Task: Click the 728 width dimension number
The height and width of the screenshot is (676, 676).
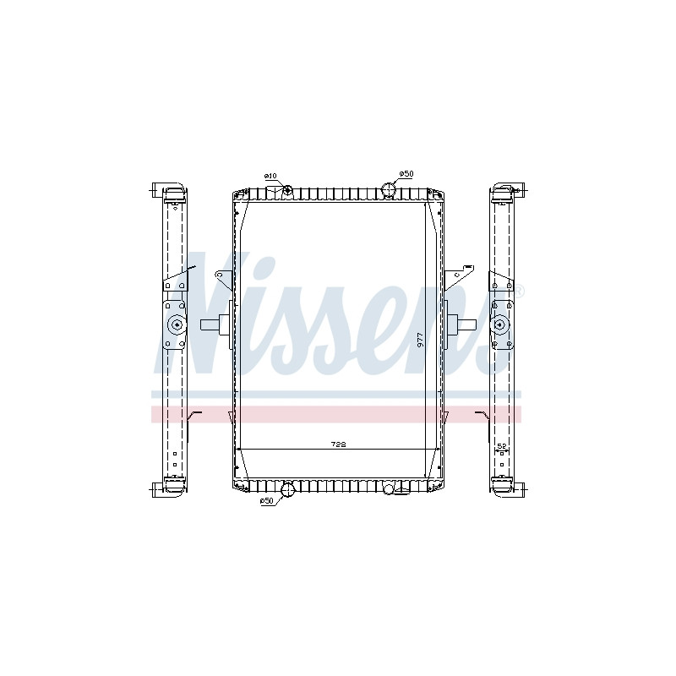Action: point(338,444)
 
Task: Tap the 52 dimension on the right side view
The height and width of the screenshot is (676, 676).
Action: point(501,446)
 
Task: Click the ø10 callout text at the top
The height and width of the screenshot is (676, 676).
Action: point(270,176)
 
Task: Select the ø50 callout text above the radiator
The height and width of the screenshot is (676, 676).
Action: point(406,174)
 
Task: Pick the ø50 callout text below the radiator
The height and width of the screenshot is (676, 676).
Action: point(267,500)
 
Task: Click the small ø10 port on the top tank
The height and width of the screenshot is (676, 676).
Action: point(287,189)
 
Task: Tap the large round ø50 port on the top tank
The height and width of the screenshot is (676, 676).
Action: point(389,189)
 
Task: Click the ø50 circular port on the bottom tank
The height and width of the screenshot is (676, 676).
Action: point(287,490)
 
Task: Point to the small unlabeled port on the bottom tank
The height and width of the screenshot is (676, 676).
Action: point(389,489)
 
